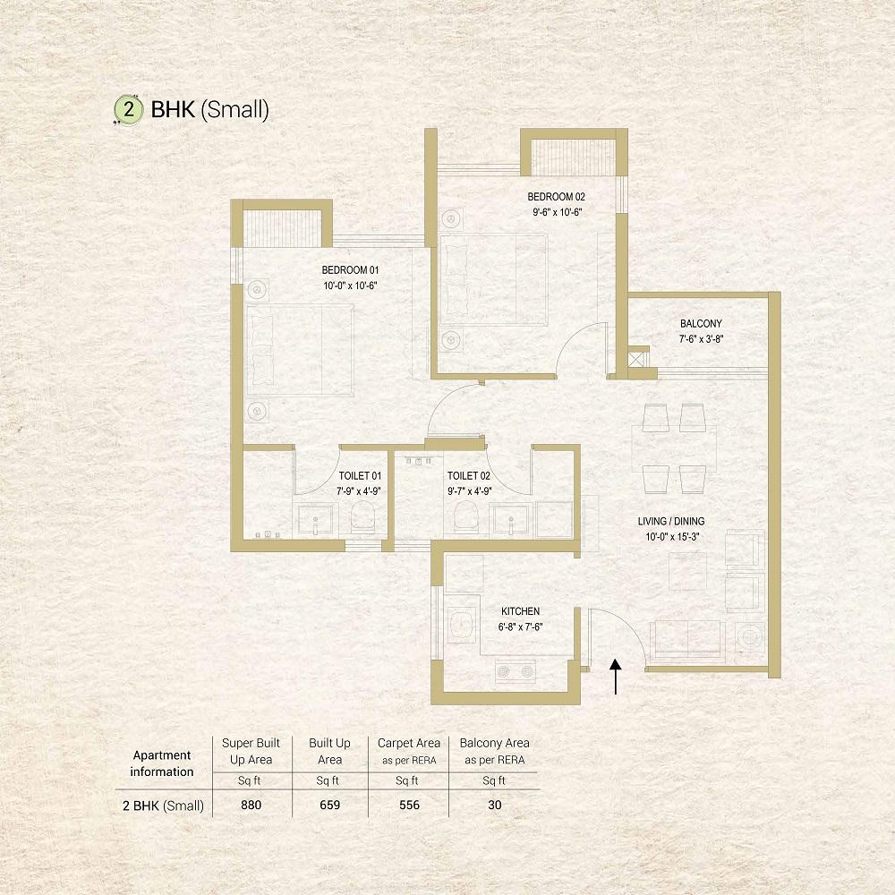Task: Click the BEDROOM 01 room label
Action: [x=350, y=270]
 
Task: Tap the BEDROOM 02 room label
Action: [x=556, y=197]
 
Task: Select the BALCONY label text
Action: [x=701, y=324]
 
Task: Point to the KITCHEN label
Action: [x=521, y=611]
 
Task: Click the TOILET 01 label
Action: [x=360, y=476]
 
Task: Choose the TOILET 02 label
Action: [x=469, y=476]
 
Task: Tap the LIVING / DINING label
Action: [x=671, y=521]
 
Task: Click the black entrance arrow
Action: [x=616, y=677]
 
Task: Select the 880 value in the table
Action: [x=251, y=805]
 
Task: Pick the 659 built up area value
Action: [x=330, y=805]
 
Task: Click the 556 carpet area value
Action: [x=409, y=805]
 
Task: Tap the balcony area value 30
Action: [x=495, y=805]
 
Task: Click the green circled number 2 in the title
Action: [x=128, y=108]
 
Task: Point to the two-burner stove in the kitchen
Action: [x=516, y=672]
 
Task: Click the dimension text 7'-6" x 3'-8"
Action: [x=701, y=339]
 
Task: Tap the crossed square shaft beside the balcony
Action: [x=636, y=360]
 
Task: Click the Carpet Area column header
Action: [x=409, y=751]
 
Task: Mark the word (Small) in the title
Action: [x=234, y=109]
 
